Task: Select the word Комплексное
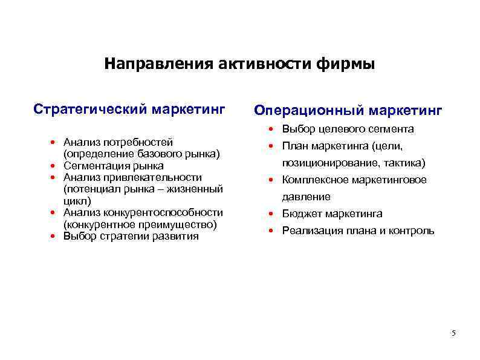click(x=317, y=180)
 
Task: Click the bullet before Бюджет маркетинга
click(x=273, y=214)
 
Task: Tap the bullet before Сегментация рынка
click(x=54, y=166)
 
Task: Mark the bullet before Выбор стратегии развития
click(x=54, y=236)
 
